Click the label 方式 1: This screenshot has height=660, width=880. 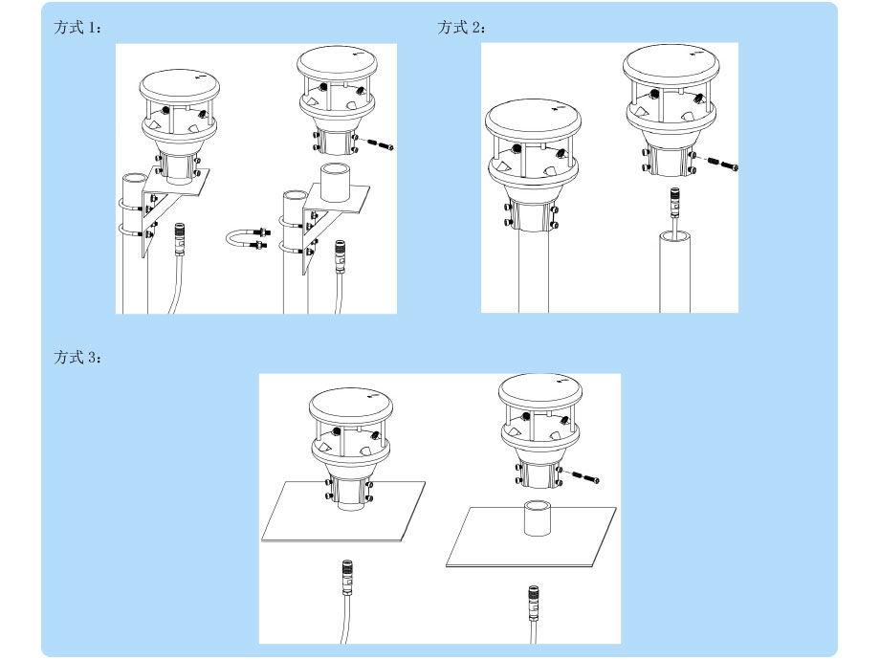(x=77, y=27)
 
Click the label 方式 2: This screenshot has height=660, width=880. (x=461, y=27)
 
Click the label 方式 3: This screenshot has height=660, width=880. (x=77, y=357)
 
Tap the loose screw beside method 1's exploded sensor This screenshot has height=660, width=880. (x=381, y=144)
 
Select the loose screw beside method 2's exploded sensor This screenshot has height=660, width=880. (x=724, y=164)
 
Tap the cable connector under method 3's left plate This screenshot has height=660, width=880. (x=347, y=577)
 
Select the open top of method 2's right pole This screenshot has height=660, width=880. (x=674, y=237)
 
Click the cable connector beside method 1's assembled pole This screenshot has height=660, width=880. (x=180, y=239)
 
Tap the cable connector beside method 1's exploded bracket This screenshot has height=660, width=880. (x=341, y=256)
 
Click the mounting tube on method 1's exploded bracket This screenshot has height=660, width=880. (x=335, y=183)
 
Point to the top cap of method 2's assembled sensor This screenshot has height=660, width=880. (x=533, y=119)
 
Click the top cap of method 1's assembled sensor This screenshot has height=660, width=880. (x=180, y=86)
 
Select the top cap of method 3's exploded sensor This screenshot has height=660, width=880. (x=540, y=390)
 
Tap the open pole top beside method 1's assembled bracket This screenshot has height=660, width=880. (x=135, y=178)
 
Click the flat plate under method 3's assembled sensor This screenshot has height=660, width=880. (x=343, y=512)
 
